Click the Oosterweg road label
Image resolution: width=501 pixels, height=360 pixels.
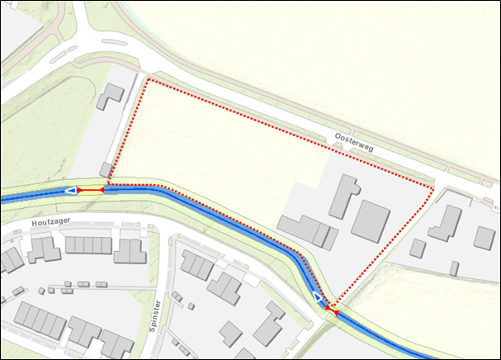[356, 143]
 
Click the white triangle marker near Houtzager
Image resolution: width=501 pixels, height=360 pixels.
[71, 191]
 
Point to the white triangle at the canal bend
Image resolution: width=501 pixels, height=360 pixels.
[318, 296]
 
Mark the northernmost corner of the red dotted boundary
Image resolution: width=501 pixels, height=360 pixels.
[147, 80]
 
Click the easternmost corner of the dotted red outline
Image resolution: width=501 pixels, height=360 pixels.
[432, 188]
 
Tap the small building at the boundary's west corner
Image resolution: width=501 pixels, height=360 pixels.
[106, 169]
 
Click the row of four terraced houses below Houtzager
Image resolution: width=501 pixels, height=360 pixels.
[88, 245]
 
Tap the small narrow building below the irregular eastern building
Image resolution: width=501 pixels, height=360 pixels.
[454, 268]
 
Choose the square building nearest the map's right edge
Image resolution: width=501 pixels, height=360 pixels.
[484, 237]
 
